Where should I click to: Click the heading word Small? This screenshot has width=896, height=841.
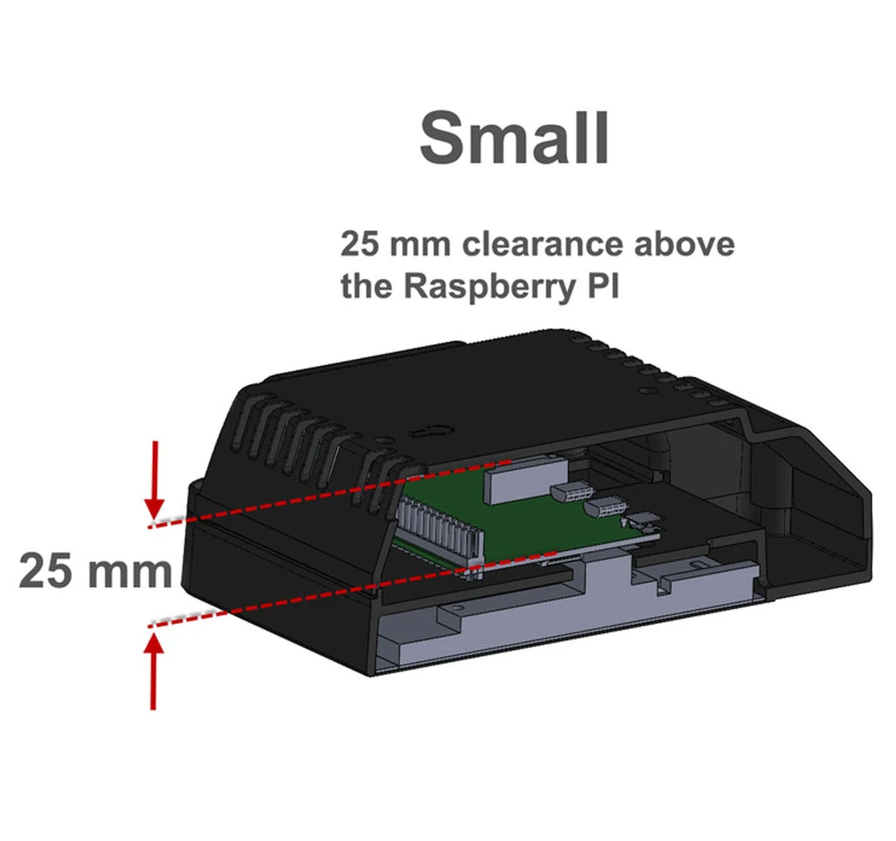514,136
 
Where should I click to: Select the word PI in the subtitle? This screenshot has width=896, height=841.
602,287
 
